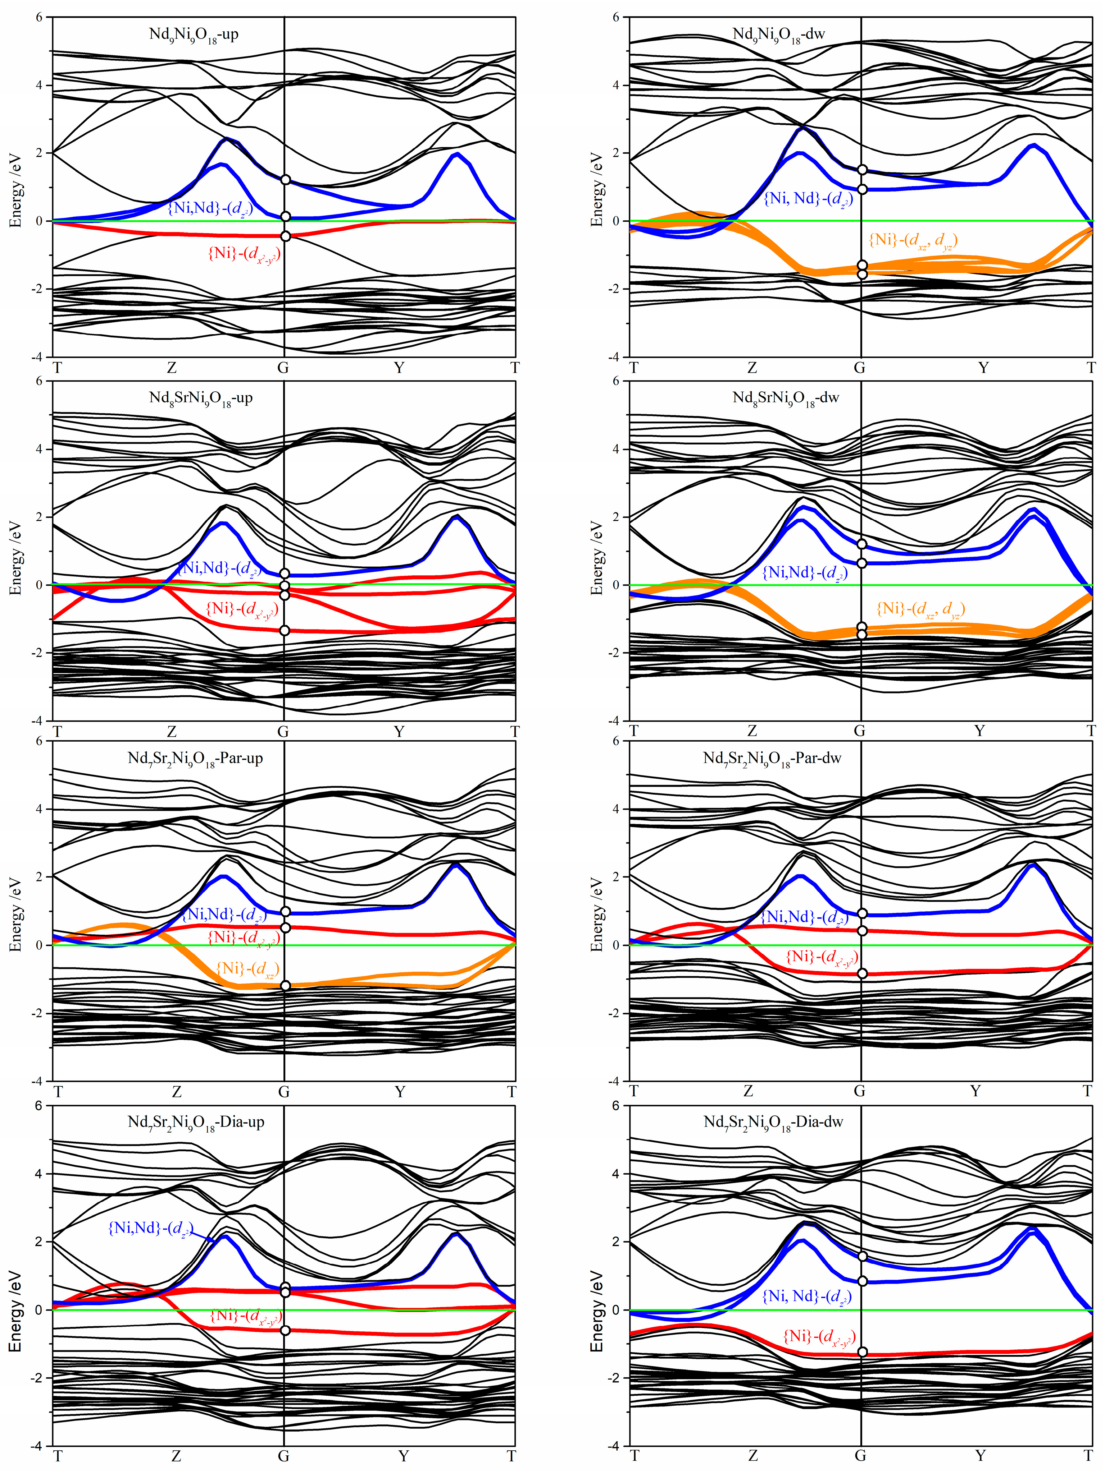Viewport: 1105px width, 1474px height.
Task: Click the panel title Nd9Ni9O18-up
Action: click(x=194, y=34)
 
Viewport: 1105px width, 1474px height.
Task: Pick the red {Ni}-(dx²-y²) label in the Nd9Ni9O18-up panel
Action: click(x=244, y=254)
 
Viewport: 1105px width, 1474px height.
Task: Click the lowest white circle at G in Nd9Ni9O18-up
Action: click(x=285, y=236)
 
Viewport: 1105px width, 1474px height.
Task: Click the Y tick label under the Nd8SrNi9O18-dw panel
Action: click(x=979, y=731)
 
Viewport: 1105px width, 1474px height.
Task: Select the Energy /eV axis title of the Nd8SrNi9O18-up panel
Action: click(x=15, y=558)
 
